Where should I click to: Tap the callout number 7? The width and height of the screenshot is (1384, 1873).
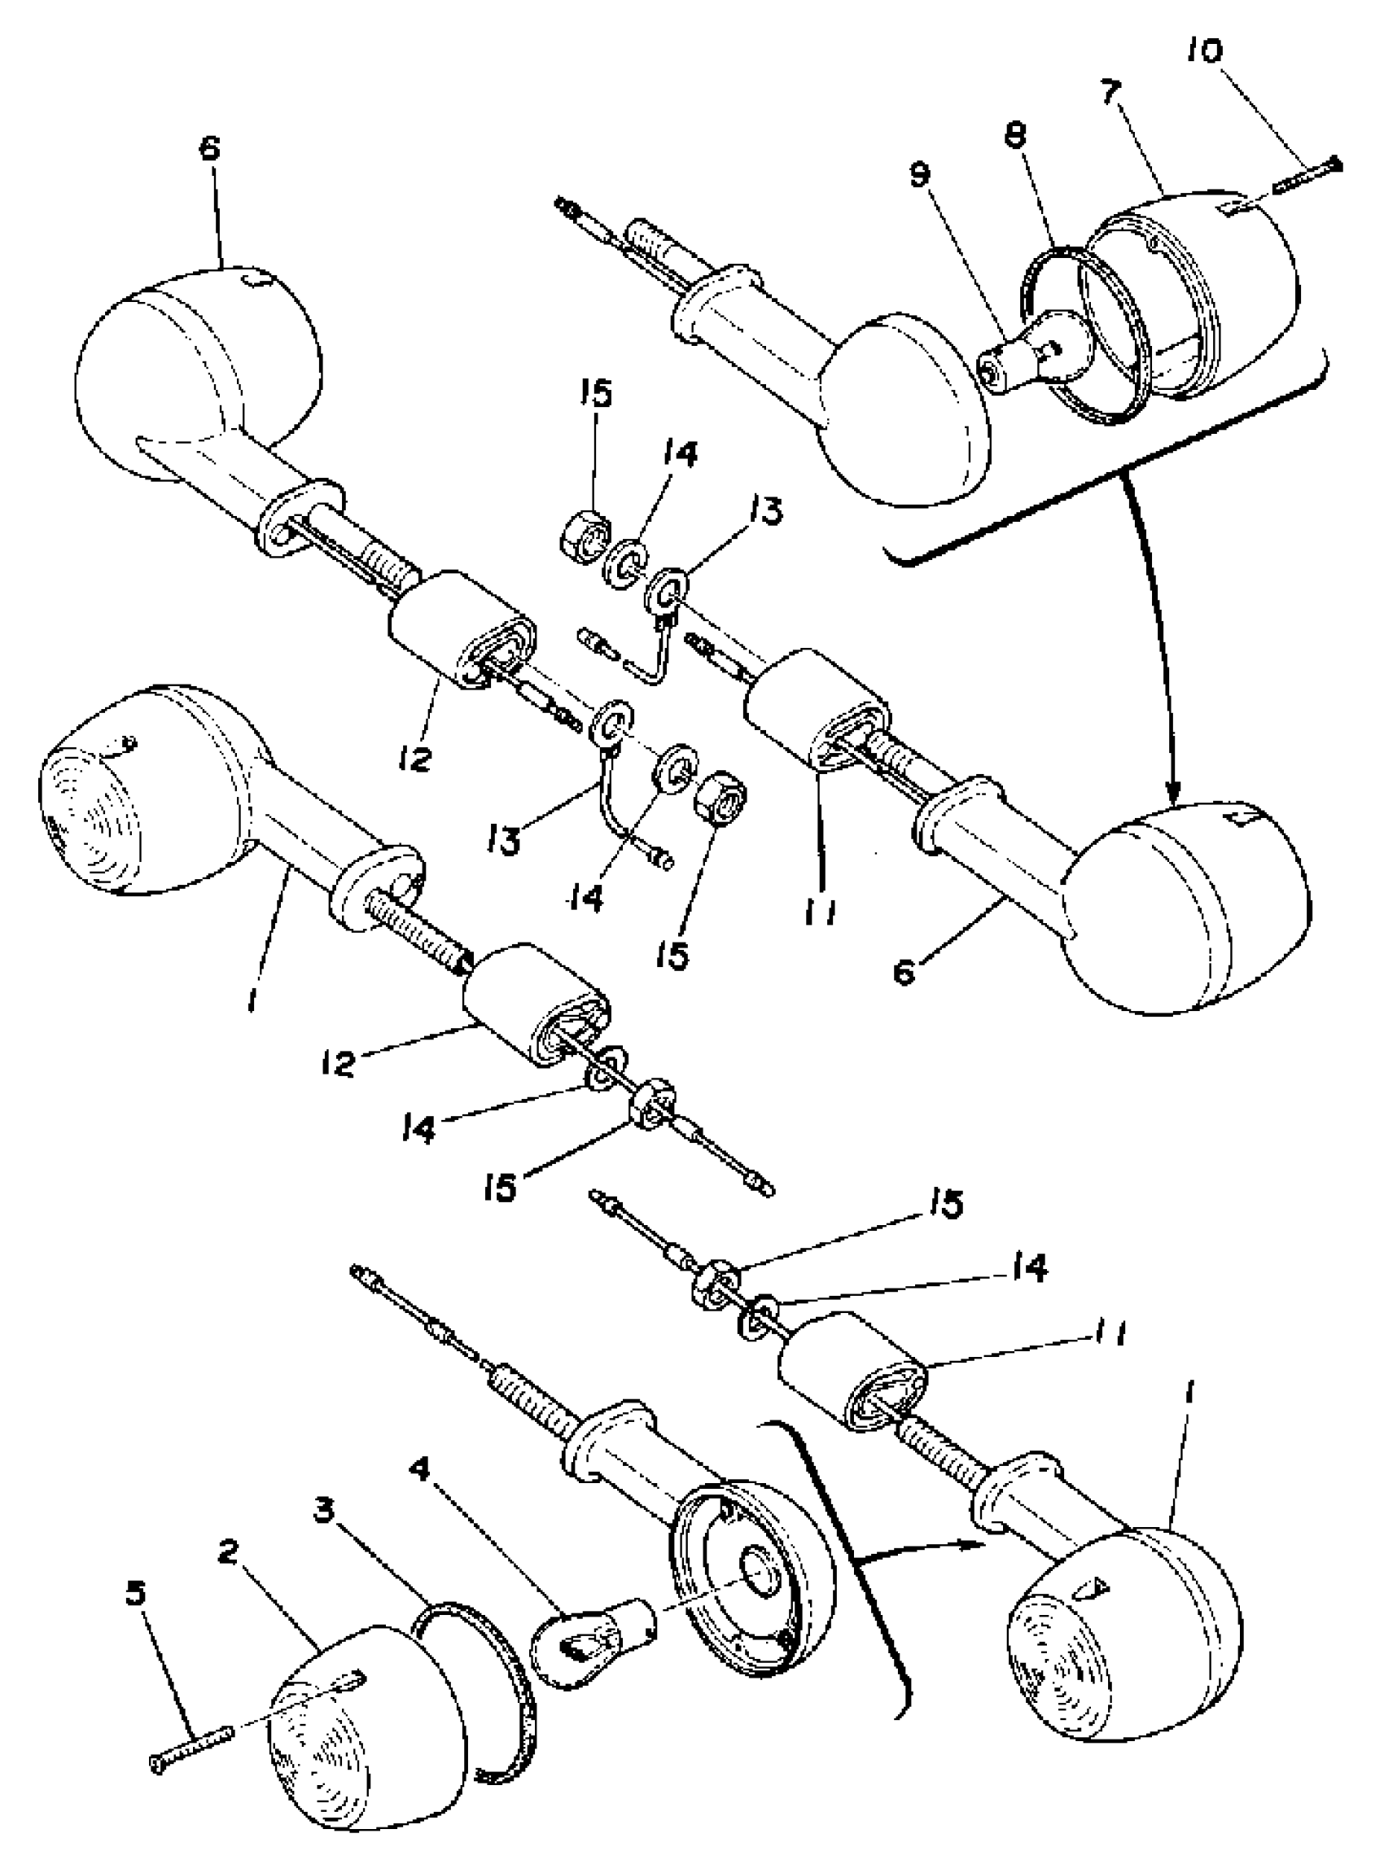coord(1111,91)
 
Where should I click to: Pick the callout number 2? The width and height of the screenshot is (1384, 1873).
coord(227,1551)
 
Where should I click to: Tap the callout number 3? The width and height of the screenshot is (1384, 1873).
coord(323,1510)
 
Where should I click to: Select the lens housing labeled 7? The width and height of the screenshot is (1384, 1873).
coord(1207,285)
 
